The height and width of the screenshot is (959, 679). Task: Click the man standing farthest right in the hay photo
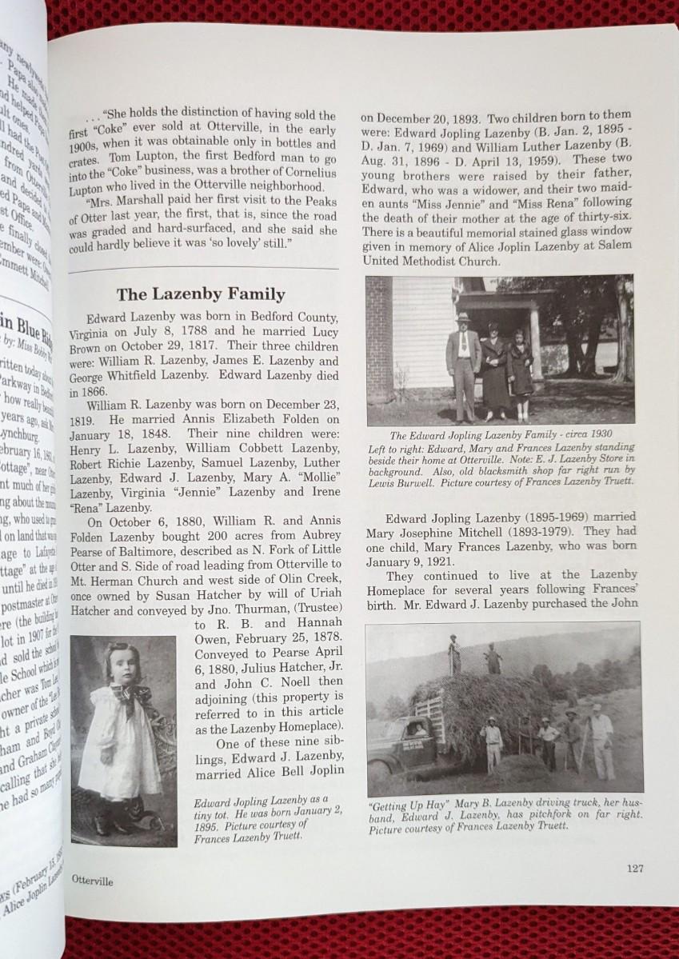[601, 742]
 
